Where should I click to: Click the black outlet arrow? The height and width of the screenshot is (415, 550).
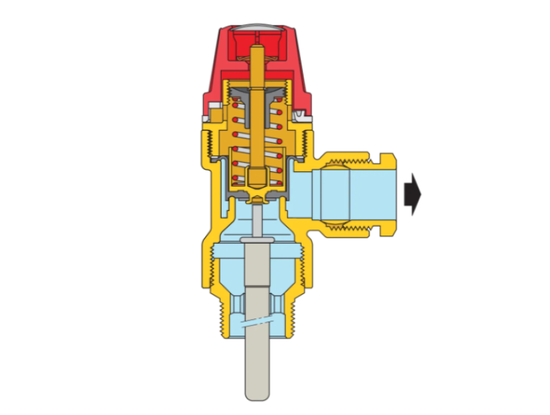tap(413, 194)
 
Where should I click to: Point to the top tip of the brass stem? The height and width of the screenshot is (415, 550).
tap(257, 49)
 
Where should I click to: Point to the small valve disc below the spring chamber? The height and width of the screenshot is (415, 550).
tap(257, 199)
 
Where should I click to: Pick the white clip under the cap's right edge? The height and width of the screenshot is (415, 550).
tap(305, 121)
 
